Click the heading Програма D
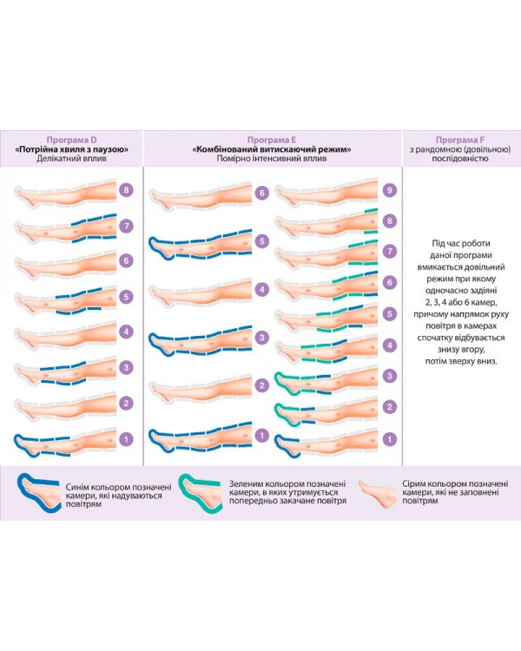tap(71, 140)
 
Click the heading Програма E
tap(272, 140)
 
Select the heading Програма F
tap(460, 140)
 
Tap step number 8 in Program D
tap(126, 190)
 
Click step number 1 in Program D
tap(126, 439)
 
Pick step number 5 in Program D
tap(126, 297)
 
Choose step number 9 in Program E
tap(389, 190)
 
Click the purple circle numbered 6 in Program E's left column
tap(261, 193)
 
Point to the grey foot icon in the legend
tap(376, 492)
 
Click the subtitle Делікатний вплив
tap(71, 158)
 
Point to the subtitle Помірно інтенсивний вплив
tap(272, 158)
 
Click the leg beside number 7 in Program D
tap(66, 229)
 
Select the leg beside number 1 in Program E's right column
tap(326, 444)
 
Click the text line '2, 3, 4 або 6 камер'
tap(461, 302)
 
